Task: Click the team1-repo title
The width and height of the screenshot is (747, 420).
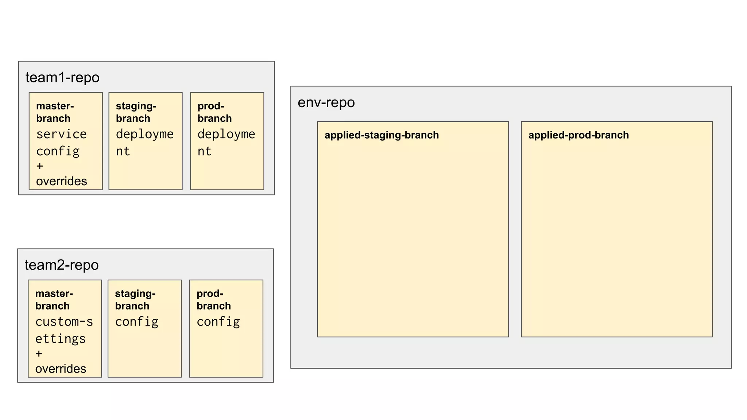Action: point(62,78)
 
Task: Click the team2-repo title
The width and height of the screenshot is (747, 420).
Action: point(62,265)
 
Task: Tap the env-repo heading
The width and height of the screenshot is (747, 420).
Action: point(326,102)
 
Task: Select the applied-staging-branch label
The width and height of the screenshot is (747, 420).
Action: point(382,135)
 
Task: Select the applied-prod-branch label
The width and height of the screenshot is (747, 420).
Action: point(578,135)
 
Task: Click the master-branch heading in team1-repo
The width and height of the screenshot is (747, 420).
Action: point(55,112)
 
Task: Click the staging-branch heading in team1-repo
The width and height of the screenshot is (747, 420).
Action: point(136,112)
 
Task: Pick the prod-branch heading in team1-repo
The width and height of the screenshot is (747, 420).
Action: point(214,112)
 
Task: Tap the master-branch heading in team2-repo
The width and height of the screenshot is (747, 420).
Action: point(54,299)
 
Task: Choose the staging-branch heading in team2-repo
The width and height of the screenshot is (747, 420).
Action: point(135,299)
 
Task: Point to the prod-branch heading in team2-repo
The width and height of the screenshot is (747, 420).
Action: point(214,299)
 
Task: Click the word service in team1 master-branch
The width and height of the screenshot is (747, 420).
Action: point(61,134)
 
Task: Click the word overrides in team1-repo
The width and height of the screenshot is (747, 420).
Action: point(62,181)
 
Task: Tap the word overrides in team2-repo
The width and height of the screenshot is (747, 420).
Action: point(61,369)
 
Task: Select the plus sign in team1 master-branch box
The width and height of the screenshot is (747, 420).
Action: point(40,166)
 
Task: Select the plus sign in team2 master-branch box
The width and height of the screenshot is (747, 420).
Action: point(39,354)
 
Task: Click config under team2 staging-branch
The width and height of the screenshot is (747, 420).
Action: point(137,322)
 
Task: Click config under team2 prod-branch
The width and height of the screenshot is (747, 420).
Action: point(218,322)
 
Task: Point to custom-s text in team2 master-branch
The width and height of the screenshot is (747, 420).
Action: point(64,322)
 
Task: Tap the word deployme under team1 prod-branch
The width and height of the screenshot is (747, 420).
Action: point(226,134)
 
